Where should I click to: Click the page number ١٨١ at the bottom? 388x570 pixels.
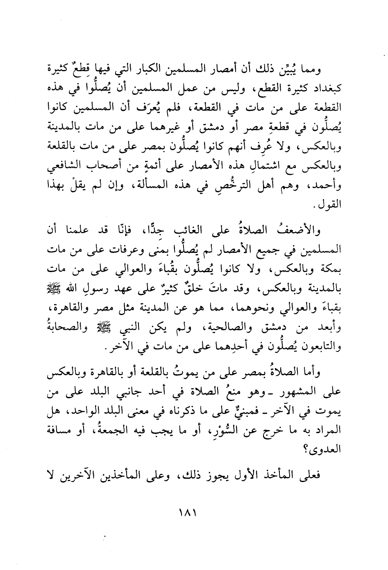pos(188,512)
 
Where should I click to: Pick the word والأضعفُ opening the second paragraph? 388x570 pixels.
pos(304,232)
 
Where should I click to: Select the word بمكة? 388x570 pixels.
pos(331,270)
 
